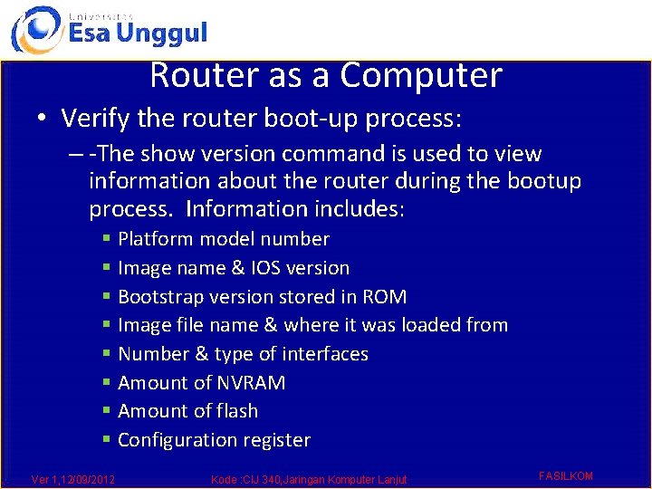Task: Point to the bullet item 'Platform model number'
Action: point(224,239)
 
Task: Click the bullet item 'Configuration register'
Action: point(214,440)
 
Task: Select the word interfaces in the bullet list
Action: point(322,353)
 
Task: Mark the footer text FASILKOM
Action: point(565,475)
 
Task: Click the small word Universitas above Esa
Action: point(100,15)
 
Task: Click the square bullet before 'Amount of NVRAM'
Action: point(107,383)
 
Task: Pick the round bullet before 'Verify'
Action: point(42,119)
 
